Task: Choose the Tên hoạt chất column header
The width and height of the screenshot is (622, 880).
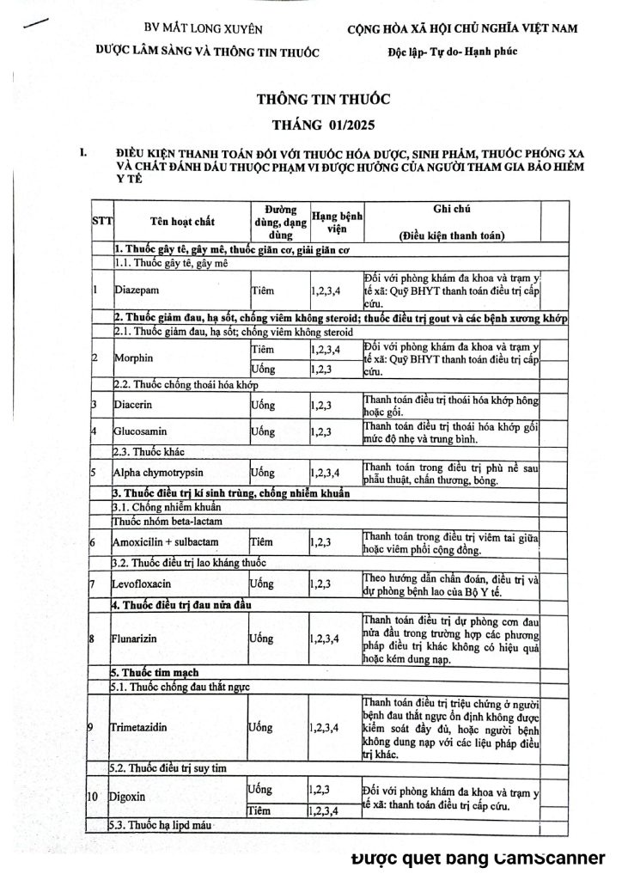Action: coord(180,221)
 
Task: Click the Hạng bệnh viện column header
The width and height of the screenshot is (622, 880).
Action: coord(336,221)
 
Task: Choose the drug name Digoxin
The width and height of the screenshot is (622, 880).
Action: coord(126,797)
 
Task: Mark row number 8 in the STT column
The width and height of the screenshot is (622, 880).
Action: coord(94,639)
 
